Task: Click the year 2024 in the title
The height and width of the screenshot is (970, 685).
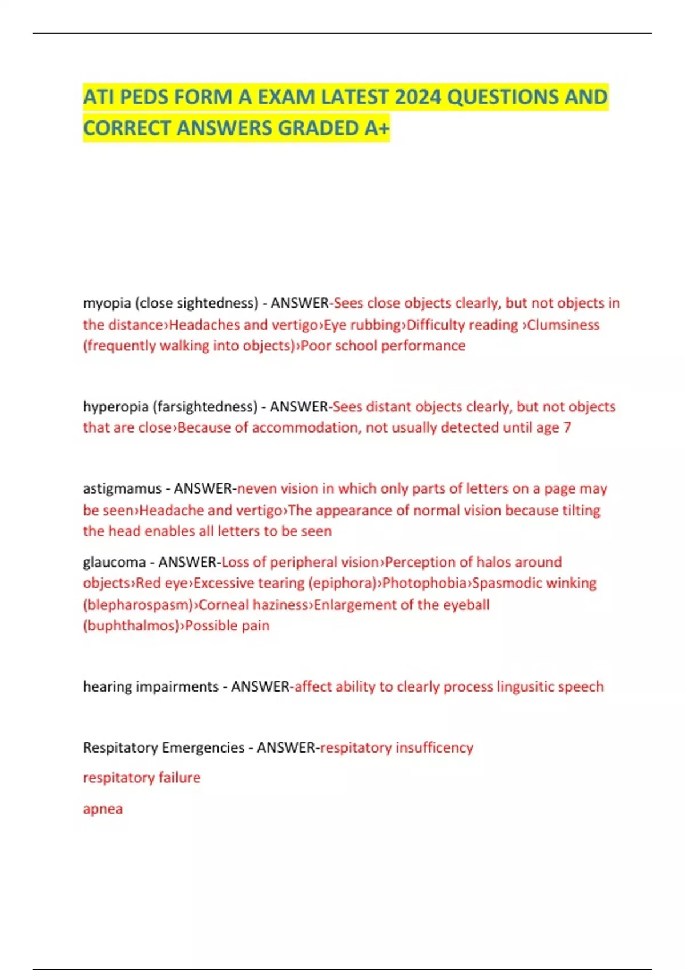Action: (x=417, y=97)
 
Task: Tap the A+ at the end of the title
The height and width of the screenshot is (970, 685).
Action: (x=377, y=128)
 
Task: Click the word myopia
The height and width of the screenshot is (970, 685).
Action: (x=107, y=303)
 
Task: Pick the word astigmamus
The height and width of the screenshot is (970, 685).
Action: (x=122, y=489)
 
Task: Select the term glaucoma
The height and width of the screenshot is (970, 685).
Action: (x=114, y=563)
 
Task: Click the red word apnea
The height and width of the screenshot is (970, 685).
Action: (x=103, y=809)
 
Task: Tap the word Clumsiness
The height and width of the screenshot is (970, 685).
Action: (x=563, y=325)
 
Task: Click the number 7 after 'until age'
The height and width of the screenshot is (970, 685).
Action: (x=567, y=427)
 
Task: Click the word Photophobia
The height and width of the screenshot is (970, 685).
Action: (x=425, y=583)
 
